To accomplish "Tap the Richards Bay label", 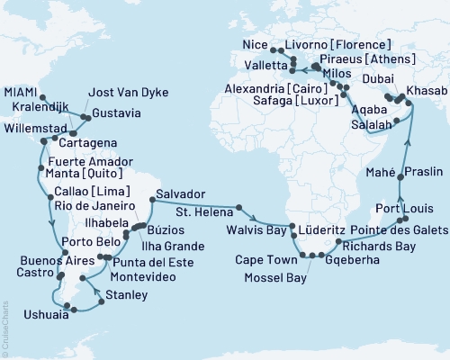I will click(x=366, y=242).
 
